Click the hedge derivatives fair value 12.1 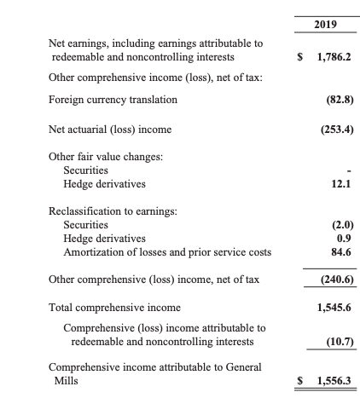pyautogui.click(x=334, y=183)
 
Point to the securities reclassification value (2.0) pyautogui.click(x=332, y=225)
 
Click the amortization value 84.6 pyautogui.click(x=334, y=252)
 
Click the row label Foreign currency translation pyautogui.click(x=114, y=100)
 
